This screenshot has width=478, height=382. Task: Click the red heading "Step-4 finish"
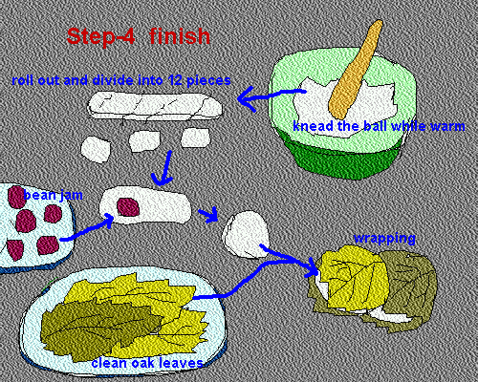(x=139, y=36)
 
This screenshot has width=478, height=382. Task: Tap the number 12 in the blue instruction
(x=176, y=80)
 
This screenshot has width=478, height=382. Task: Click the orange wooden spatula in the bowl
(x=356, y=70)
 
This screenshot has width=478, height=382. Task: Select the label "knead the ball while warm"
(x=379, y=126)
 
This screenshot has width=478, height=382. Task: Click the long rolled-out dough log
(x=155, y=106)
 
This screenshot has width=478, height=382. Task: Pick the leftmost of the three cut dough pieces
(x=96, y=150)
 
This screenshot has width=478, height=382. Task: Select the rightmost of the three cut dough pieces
(x=196, y=138)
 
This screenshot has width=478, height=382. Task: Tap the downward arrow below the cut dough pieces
(x=163, y=169)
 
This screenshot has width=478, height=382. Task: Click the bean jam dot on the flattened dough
(x=128, y=207)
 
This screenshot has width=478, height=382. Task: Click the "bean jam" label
(x=54, y=195)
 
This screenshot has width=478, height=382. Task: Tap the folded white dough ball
(x=246, y=234)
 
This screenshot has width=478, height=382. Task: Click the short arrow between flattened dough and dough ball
(x=208, y=214)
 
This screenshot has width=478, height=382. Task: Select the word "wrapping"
(x=384, y=239)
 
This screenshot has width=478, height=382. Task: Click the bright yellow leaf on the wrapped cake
(x=354, y=277)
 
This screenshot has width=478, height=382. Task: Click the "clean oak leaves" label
(x=147, y=363)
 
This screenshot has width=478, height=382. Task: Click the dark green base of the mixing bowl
(x=346, y=158)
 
